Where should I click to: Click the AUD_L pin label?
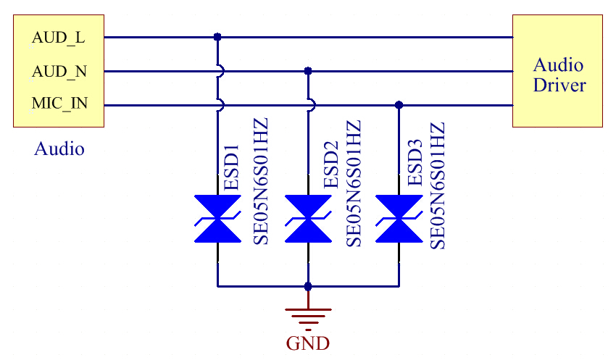tap(59, 38)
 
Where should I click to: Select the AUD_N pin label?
tap(59, 72)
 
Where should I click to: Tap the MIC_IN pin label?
tap(59, 104)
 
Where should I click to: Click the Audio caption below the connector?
tap(59, 149)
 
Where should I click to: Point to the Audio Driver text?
tap(559, 75)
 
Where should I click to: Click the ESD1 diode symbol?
tap(217, 218)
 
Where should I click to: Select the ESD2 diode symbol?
tap(308, 218)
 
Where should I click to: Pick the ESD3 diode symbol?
tap(399, 218)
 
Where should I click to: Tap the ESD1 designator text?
tap(232, 167)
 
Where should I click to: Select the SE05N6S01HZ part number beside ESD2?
tap(353, 183)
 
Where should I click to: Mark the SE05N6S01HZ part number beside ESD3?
tap(437, 185)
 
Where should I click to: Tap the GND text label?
tap(308, 343)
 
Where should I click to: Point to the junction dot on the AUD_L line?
tap(217, 36)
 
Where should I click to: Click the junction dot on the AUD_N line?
tap(308, 71)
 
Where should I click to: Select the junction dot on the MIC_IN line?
tap(399, 105)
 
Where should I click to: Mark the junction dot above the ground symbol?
tap(308, 286)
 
